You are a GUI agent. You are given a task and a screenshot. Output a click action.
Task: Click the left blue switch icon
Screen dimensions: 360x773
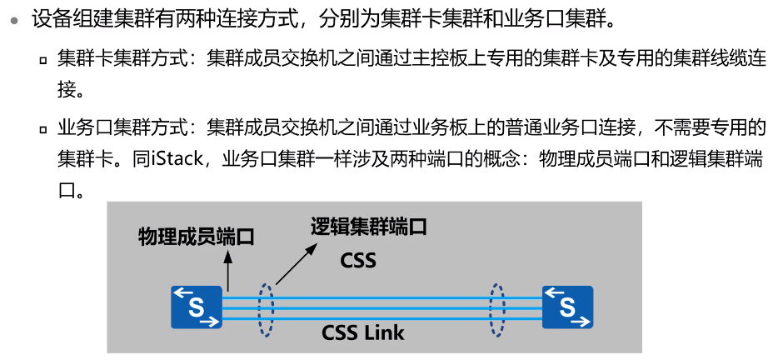(197, 307)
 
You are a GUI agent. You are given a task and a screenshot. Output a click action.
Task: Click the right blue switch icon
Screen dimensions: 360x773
(567, 307)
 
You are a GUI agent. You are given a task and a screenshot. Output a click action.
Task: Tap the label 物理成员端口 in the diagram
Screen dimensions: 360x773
(196, 237)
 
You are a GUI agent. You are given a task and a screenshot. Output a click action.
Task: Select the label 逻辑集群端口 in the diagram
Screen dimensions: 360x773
(369, 226)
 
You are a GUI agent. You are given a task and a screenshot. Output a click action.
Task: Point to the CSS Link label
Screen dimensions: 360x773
(363, 333)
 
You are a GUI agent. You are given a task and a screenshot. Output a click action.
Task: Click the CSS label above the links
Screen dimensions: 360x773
(358, 260)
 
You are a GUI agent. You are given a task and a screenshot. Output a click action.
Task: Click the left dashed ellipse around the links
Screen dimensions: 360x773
(266, 309)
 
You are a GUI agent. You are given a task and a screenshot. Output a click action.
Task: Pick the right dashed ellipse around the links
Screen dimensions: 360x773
(497, 309)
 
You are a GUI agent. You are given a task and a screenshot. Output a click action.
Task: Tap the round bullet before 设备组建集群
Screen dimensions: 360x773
(14, 18)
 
